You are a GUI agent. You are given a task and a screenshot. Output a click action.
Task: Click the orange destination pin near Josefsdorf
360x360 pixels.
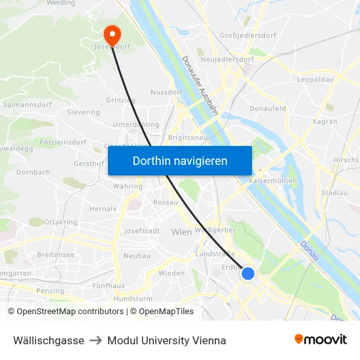[x=113, y=33]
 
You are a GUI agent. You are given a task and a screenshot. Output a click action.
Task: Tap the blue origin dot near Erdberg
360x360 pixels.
[x=248, y=273]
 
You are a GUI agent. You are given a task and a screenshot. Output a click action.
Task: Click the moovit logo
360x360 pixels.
[x=321, y=340]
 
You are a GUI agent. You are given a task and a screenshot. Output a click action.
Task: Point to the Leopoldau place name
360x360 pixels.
[x=315, y=79]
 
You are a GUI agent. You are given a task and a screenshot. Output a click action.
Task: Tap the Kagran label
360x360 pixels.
[x=325, y=121]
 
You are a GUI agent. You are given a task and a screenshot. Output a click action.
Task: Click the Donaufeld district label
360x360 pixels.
[x=268, y=109]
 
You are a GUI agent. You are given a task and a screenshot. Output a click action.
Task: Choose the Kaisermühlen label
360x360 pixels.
[x=274, y=181]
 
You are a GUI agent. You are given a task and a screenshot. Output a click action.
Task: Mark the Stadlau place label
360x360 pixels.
[x=334, y=193]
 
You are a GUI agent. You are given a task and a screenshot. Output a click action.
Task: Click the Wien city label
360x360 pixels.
[x=181, y=232]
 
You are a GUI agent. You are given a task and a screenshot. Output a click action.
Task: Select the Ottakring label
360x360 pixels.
[x=61, y=223]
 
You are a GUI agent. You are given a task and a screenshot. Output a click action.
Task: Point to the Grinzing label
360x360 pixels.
[x=120, y=100]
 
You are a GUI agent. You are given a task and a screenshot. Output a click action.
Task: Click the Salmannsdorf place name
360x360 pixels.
[x=23, y=104]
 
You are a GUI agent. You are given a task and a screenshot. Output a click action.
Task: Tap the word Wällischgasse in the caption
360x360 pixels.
[x=48, y=340]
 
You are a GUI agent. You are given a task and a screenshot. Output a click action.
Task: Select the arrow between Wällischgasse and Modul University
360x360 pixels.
[x=96, y=340]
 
